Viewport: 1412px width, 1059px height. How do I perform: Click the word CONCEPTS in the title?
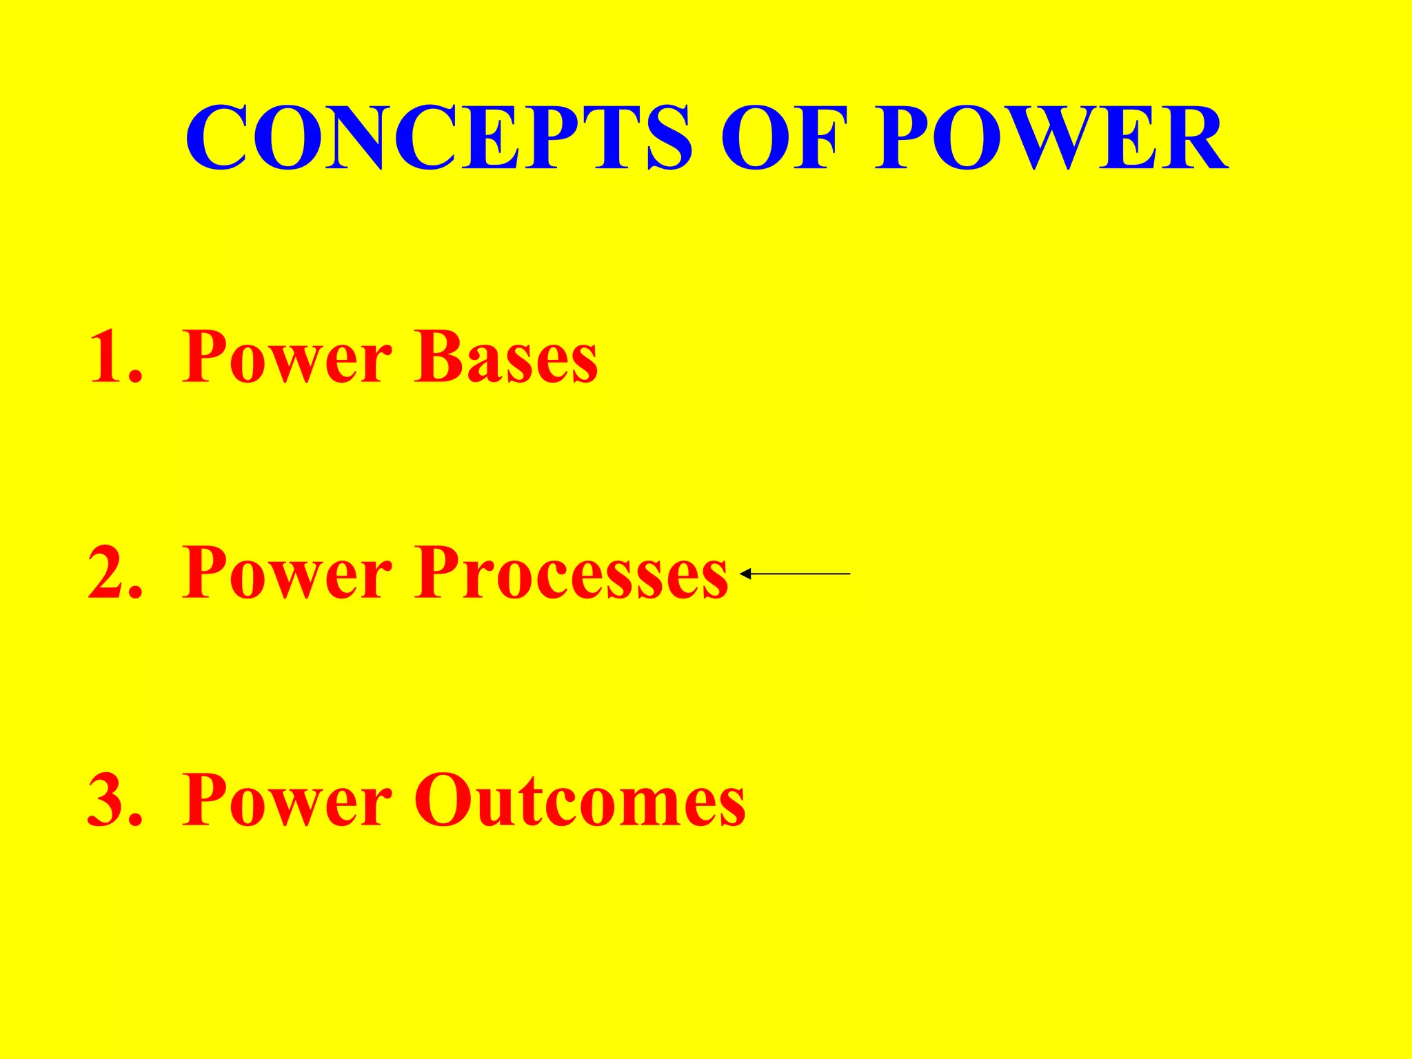438,137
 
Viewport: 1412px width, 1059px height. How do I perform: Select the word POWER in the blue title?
1051,137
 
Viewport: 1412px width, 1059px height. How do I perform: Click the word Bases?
506,357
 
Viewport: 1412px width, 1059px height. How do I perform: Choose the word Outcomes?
579,800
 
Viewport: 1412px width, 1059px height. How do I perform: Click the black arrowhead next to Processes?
745,574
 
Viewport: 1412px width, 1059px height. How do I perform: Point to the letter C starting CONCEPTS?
216,137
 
